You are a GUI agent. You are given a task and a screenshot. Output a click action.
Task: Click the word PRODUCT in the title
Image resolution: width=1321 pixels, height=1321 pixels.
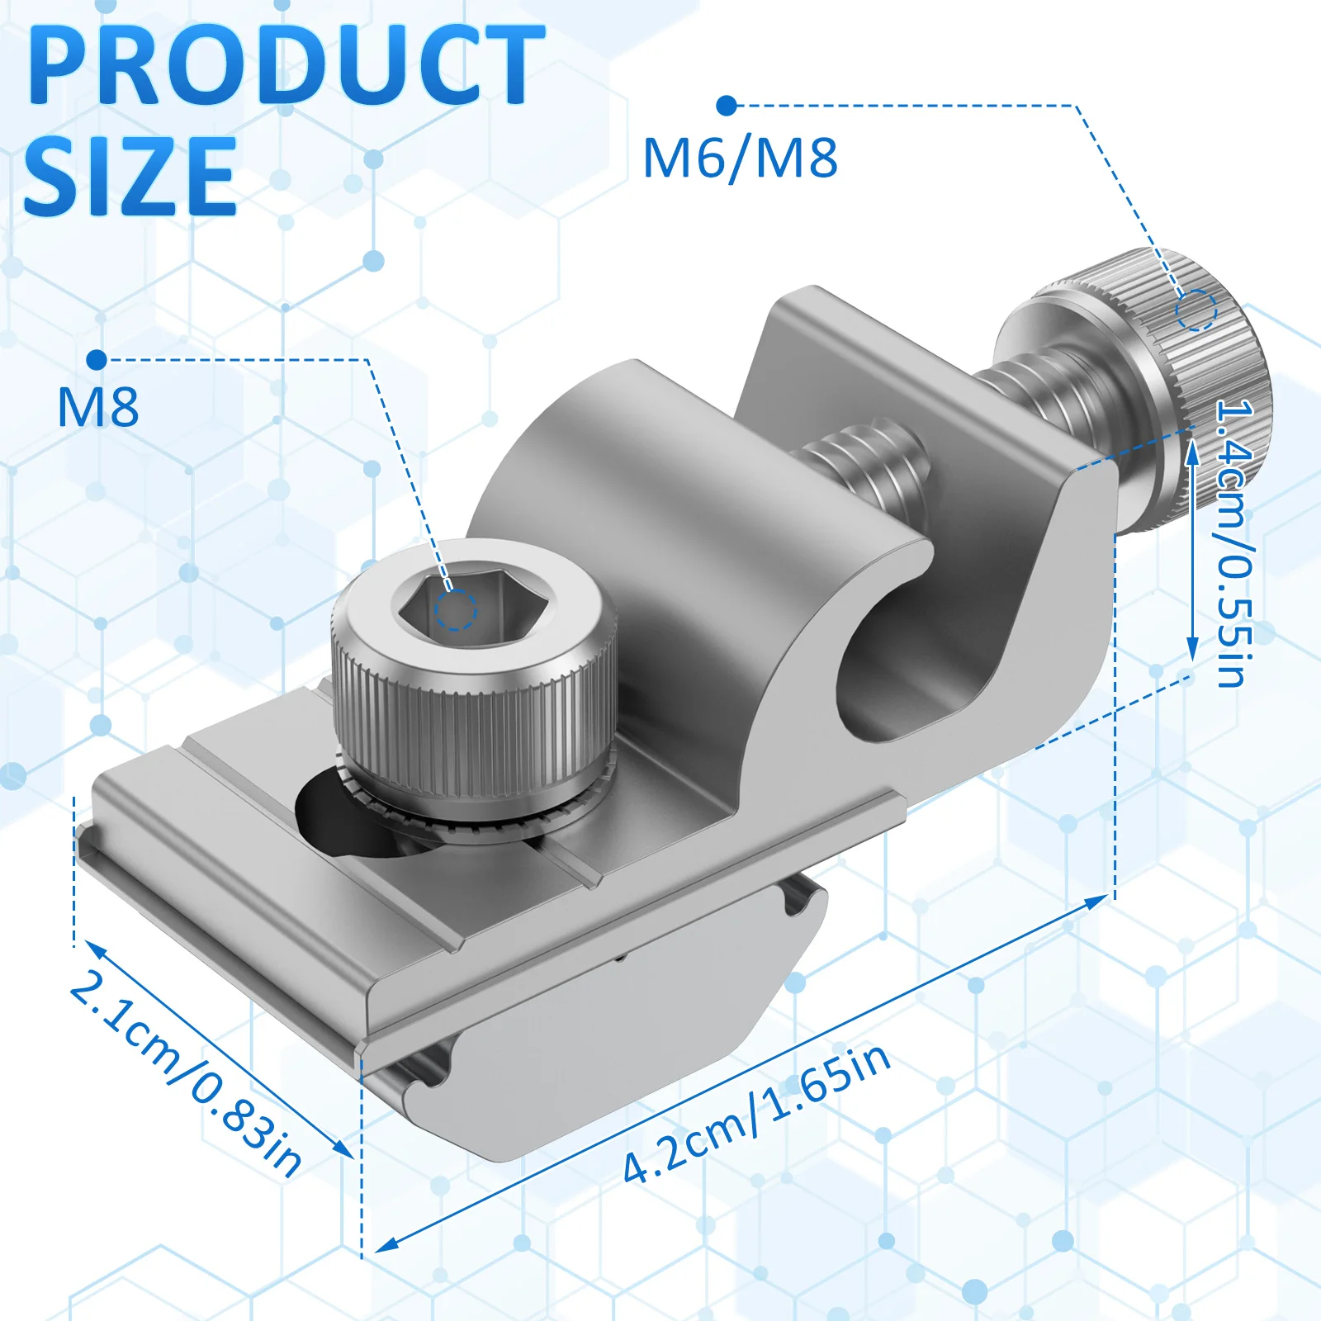click(x=286, y=65)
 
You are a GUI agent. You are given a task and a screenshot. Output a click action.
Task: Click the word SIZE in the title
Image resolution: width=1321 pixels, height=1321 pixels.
click(x=130, y=176)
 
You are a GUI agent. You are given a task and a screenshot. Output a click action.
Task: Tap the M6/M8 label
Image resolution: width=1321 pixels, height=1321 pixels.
click(x=740, y=158)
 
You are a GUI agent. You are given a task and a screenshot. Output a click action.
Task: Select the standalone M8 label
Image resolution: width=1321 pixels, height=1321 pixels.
click(x=97, y=407)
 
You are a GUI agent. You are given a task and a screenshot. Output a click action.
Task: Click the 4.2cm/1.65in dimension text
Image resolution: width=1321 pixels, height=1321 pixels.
click(x=756, y=1113)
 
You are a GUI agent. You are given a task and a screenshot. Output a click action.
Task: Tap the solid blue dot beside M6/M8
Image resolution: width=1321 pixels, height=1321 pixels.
click(x=727, y=106)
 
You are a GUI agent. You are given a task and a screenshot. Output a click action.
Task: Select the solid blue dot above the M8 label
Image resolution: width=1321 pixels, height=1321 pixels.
click(x=97, y=360)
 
